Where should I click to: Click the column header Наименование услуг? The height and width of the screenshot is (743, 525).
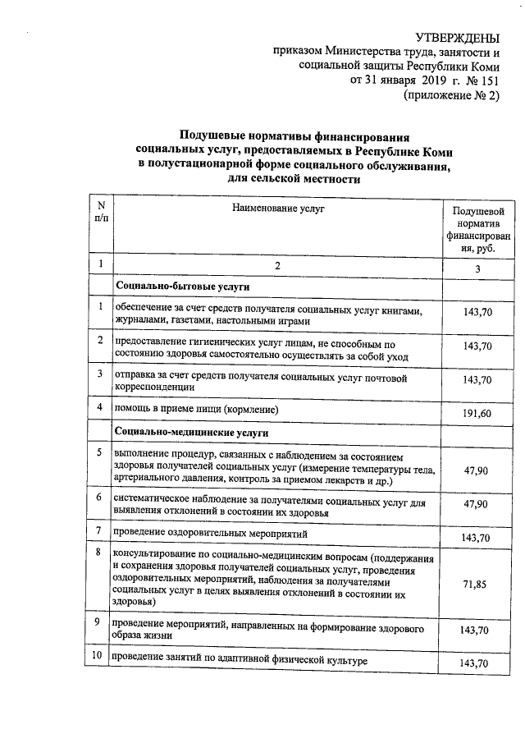point(277,209)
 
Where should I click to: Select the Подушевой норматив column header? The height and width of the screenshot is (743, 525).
point(477,230)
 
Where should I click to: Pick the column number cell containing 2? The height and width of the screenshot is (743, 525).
point(277,267)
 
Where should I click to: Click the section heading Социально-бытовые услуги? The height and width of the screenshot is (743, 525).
point(182,286)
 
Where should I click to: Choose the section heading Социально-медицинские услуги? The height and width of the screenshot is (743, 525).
point(192,432)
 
